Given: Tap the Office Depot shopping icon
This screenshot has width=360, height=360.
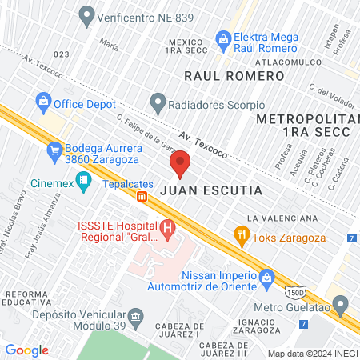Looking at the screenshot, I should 43,102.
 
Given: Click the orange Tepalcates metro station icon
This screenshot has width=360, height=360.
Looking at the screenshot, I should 142,197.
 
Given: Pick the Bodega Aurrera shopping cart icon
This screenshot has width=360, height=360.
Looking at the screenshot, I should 54,149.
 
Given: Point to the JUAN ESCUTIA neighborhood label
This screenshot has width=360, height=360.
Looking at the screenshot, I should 211,192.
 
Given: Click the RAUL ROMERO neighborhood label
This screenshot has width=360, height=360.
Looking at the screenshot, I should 234,76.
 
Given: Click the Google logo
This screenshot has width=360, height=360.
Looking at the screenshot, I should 26,350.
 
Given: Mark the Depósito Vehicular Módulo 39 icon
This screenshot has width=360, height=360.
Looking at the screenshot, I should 135,318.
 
